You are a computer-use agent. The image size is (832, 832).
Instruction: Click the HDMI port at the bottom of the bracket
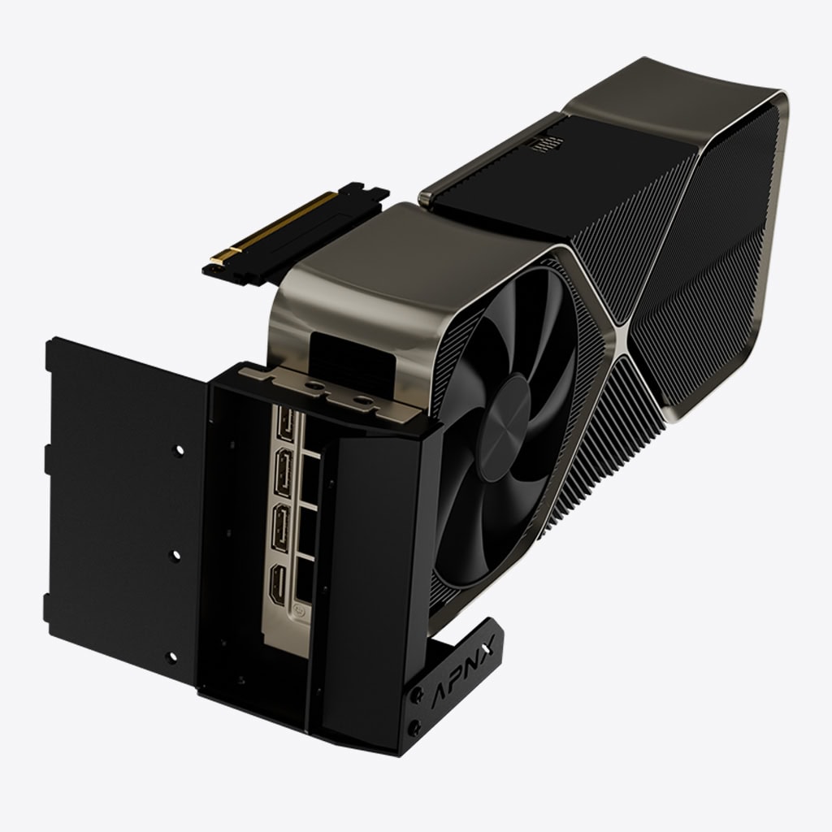279,585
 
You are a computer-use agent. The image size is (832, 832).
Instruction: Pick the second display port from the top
283,473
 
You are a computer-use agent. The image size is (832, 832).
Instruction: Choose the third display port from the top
280,528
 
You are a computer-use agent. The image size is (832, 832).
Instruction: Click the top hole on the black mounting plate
180,450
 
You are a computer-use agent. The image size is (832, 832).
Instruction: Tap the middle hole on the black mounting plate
175,556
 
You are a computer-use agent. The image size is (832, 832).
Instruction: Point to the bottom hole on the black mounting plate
171,657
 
